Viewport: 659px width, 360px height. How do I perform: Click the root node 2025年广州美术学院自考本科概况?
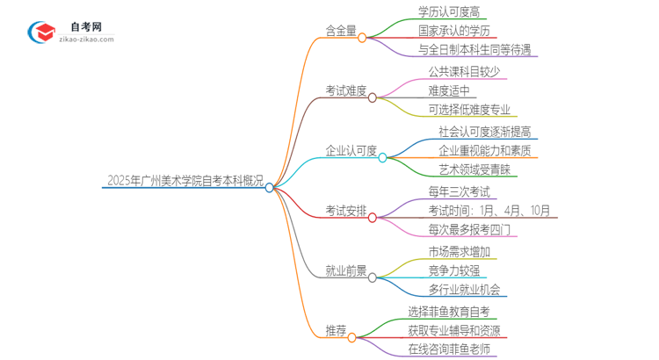tap(184, 179)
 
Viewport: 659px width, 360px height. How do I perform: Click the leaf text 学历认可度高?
tap(449, 11)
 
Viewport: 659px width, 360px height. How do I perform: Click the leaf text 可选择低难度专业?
tap(467, 110)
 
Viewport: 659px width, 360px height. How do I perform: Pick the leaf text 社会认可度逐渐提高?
tap(484, 131)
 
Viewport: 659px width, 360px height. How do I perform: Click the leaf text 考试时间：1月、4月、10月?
tap(489, 211)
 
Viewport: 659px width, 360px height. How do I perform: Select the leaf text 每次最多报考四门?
tap(467, 229)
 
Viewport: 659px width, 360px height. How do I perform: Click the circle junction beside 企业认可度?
tap(382, 157)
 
